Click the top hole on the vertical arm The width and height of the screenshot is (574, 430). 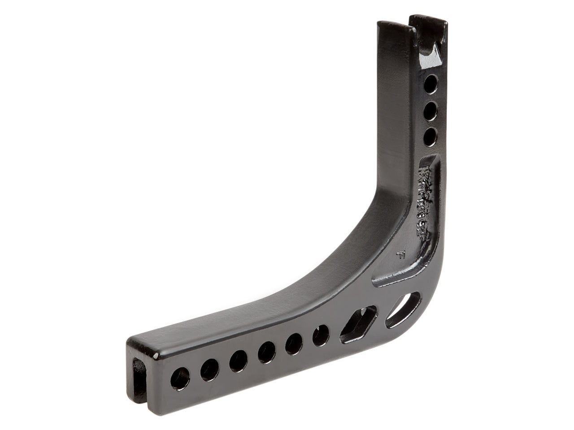click(x=431, y=83)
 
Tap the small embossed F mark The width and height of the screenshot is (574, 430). click(x=401, y=257)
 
